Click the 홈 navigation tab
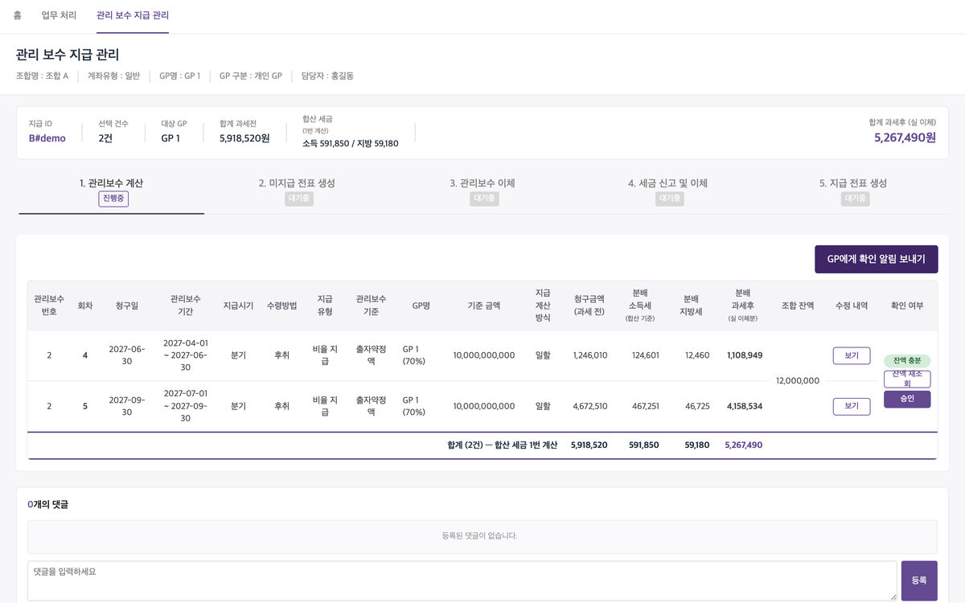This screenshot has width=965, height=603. coord(17,15)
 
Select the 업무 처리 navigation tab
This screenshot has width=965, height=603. coord(59,15)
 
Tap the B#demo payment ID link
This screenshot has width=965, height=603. coord(47,138)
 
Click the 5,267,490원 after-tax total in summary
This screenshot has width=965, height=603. coord(905,137)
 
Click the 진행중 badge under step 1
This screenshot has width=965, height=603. coord(113,199)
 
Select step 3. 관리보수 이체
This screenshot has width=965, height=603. coord(482,183)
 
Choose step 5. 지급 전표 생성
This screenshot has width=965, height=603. coord(853,183)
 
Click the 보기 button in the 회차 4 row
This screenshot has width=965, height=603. coord(852,355)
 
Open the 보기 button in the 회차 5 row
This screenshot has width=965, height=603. coord(852,406)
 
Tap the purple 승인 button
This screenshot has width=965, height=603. coord(907,399)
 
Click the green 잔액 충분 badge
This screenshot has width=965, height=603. coord(907,360)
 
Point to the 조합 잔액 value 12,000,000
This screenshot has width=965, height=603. coord(798,381)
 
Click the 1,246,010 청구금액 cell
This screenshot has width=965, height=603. coord(589,355)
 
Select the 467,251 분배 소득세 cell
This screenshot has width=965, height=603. coord(645,406)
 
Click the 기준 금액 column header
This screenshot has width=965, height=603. coord(484,306)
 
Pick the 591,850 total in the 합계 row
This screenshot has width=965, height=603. coord(643,445)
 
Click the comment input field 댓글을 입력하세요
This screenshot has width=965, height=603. coord(462,580)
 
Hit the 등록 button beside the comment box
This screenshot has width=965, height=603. coord(919,580)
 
